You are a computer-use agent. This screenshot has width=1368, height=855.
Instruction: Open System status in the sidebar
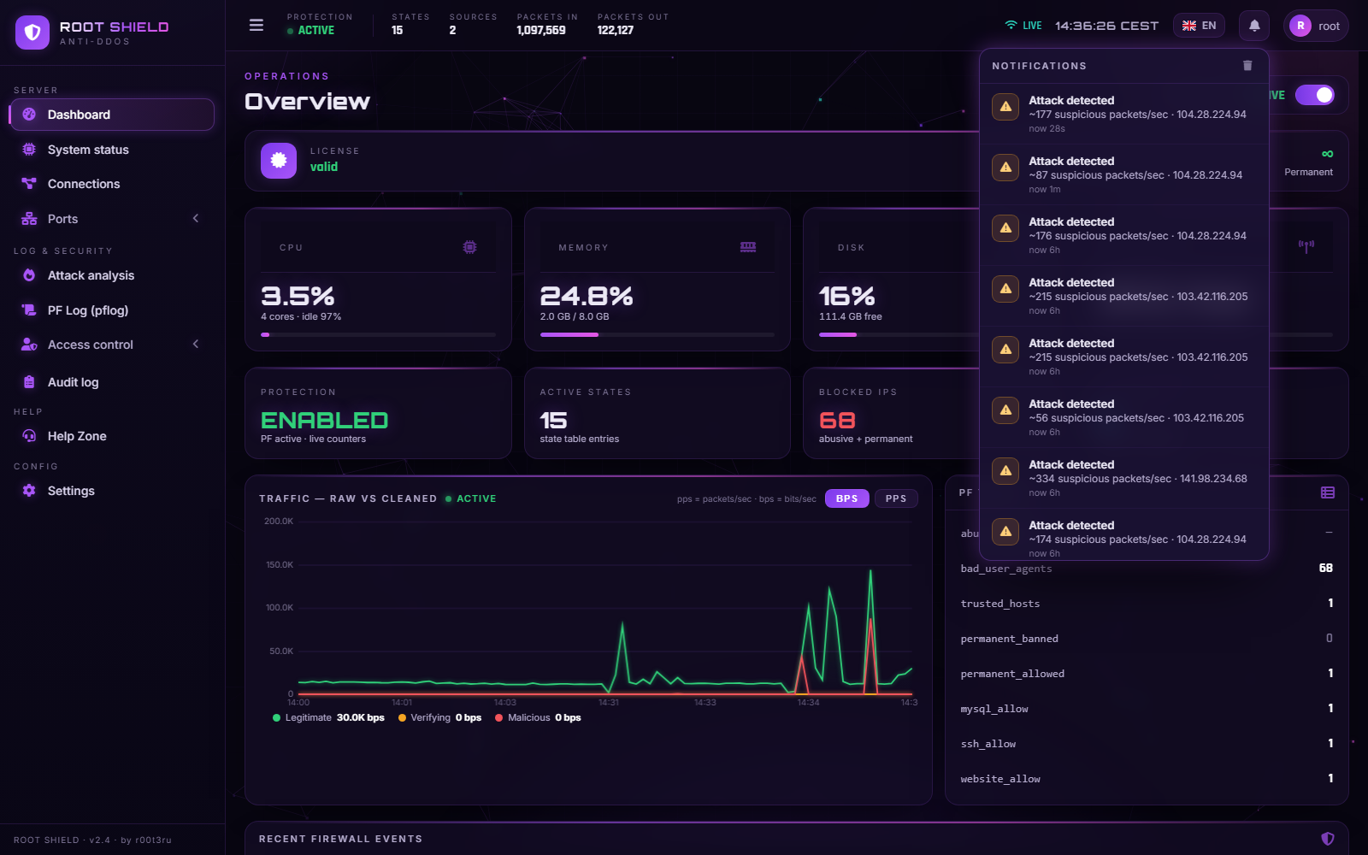(88, 150)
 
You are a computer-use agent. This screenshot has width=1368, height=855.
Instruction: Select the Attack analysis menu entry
(91, 275)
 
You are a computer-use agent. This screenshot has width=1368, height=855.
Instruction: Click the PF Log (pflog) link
(88, 310)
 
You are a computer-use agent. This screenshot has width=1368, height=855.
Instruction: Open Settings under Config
(71, 491)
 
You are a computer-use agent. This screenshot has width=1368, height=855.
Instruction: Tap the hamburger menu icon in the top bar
(256, 25)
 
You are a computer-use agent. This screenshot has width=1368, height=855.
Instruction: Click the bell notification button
(1253, 26)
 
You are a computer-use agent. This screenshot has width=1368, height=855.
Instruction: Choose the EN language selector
(1199, 26)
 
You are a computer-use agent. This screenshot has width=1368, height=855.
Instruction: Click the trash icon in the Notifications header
(1247, 65)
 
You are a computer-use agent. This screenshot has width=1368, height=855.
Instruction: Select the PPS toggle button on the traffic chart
(896, 498)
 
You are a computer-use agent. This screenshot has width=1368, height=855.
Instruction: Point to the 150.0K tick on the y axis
(279, 565)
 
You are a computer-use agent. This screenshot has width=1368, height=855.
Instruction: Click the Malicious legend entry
(538, 717)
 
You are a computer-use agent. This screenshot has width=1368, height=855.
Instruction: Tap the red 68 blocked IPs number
(837, 420)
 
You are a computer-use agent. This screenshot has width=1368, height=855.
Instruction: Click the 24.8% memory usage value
(587, 296)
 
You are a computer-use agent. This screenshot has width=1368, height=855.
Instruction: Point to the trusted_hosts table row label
(999, 604)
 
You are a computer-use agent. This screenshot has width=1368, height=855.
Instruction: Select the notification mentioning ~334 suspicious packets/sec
(1123, 478)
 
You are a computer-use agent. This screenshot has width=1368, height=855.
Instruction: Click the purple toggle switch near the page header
(1315, 95)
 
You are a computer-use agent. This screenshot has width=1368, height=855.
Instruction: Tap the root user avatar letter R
(1300, 26)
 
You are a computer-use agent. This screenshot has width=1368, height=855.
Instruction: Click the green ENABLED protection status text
(324, 420)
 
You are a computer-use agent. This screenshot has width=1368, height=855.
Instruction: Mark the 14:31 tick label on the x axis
(609, 702)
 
